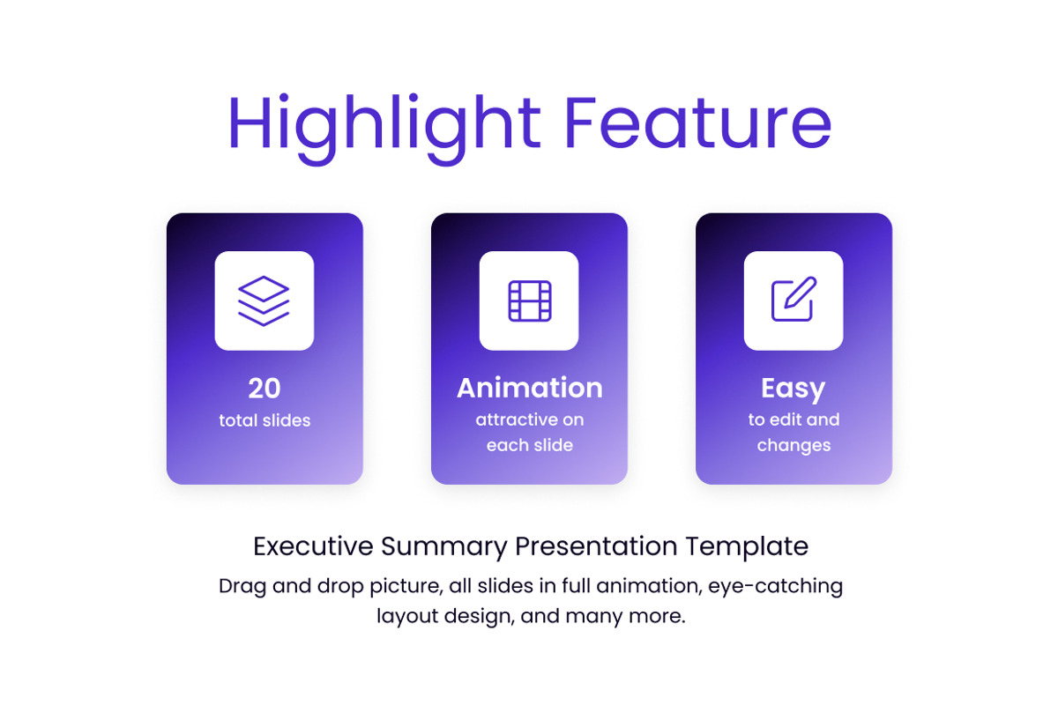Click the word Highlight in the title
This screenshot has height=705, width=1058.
(384, 124)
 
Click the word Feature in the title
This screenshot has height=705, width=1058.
(697, 124)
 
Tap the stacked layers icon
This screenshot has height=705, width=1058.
(264, 301)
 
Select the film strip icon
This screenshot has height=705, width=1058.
(529, 301)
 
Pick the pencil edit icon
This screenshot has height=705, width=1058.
(793, 301)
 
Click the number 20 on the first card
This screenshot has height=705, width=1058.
(264, 389)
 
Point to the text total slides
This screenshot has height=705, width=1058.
(264, 421)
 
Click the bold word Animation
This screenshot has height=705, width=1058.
(529, 389)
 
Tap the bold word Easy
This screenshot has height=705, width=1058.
(793, 389)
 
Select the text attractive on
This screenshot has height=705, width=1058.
(529, 420)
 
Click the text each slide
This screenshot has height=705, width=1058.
(529, 446)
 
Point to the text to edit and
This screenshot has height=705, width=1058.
(793, 420)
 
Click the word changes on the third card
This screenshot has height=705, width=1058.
(793, 446)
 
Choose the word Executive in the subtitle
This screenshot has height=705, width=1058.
(313, 546)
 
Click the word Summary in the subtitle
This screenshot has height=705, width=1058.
(444, 547)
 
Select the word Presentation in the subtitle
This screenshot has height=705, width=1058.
(597, 546)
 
